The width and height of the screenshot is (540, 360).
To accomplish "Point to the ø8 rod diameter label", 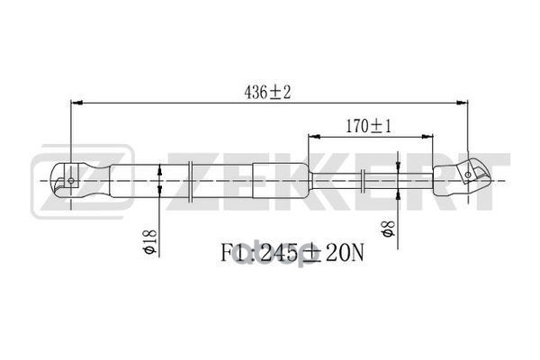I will coord(385,230).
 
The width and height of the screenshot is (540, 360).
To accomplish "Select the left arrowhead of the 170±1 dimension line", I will coord(313,137).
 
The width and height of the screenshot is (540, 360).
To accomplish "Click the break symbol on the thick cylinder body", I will coord(193,177).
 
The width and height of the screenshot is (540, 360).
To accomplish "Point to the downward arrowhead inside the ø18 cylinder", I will coord(160,168).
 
